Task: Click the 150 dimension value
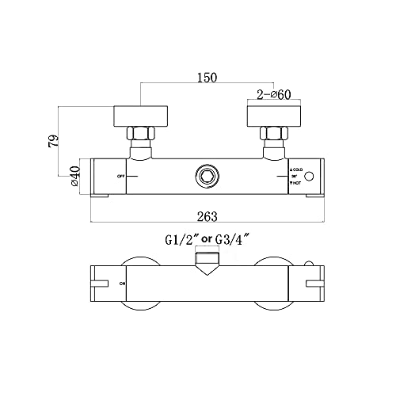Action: [207, 77]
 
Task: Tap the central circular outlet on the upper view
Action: [207, 176]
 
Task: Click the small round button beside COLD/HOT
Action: [311, 176]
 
